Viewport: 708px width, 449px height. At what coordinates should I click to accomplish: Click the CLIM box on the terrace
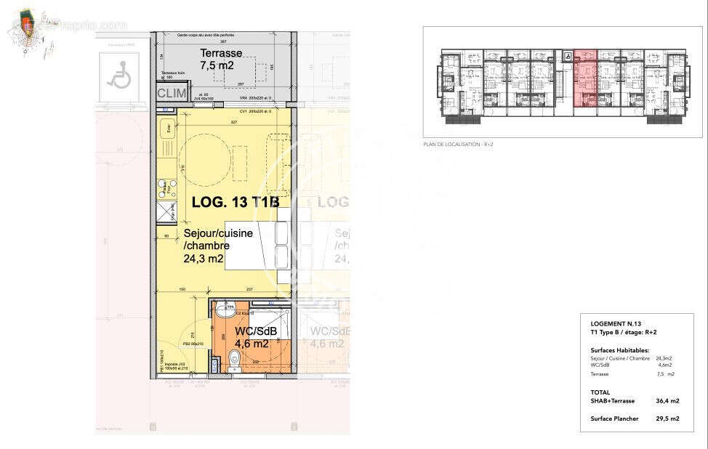[172, 93]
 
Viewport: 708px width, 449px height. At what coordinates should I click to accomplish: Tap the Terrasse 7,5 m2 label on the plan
[222, 59]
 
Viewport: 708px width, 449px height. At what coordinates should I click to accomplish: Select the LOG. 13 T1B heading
[235, 203]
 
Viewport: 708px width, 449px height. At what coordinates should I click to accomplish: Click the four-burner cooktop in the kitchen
[169, 188]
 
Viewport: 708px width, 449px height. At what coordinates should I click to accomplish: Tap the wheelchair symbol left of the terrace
[118, 74]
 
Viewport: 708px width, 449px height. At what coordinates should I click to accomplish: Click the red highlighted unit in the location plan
[585, 80]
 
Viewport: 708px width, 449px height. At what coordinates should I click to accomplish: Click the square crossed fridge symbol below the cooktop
[168, 212]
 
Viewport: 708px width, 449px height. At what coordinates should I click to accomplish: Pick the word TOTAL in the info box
[600, 392]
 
